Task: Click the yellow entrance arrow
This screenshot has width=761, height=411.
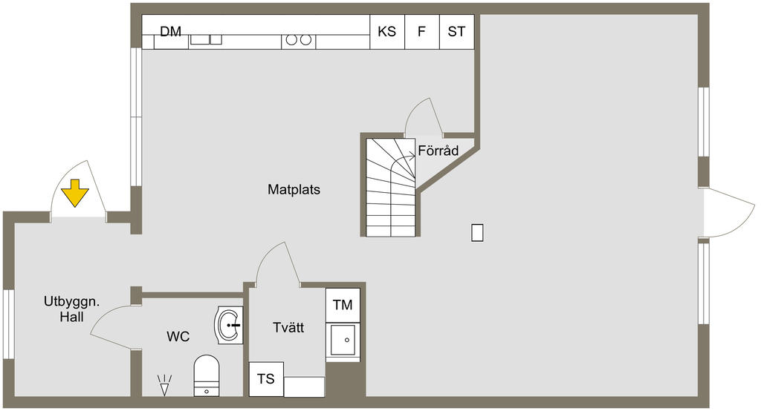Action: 75,193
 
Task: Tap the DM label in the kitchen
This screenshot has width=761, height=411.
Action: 171,31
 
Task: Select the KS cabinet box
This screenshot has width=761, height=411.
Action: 387,32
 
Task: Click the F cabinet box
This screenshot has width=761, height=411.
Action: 422,32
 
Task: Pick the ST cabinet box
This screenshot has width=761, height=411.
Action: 457,32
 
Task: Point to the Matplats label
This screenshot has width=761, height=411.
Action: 294,189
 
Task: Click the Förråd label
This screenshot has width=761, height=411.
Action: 438,151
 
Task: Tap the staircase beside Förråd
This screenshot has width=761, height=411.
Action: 391,188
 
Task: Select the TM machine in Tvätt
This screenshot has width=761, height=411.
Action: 343,305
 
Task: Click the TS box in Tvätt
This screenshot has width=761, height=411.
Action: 266,378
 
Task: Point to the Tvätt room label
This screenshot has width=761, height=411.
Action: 288,327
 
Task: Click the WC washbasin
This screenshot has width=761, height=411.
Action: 229,325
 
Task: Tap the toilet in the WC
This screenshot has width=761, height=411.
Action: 207,375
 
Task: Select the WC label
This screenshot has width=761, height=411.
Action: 178,336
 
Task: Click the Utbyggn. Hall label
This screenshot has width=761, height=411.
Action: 72,309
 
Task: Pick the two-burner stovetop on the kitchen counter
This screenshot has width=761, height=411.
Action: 299,40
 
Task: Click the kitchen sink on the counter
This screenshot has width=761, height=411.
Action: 206,39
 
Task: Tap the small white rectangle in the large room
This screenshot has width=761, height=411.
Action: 478,233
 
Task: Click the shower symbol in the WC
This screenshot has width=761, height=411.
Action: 164,385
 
